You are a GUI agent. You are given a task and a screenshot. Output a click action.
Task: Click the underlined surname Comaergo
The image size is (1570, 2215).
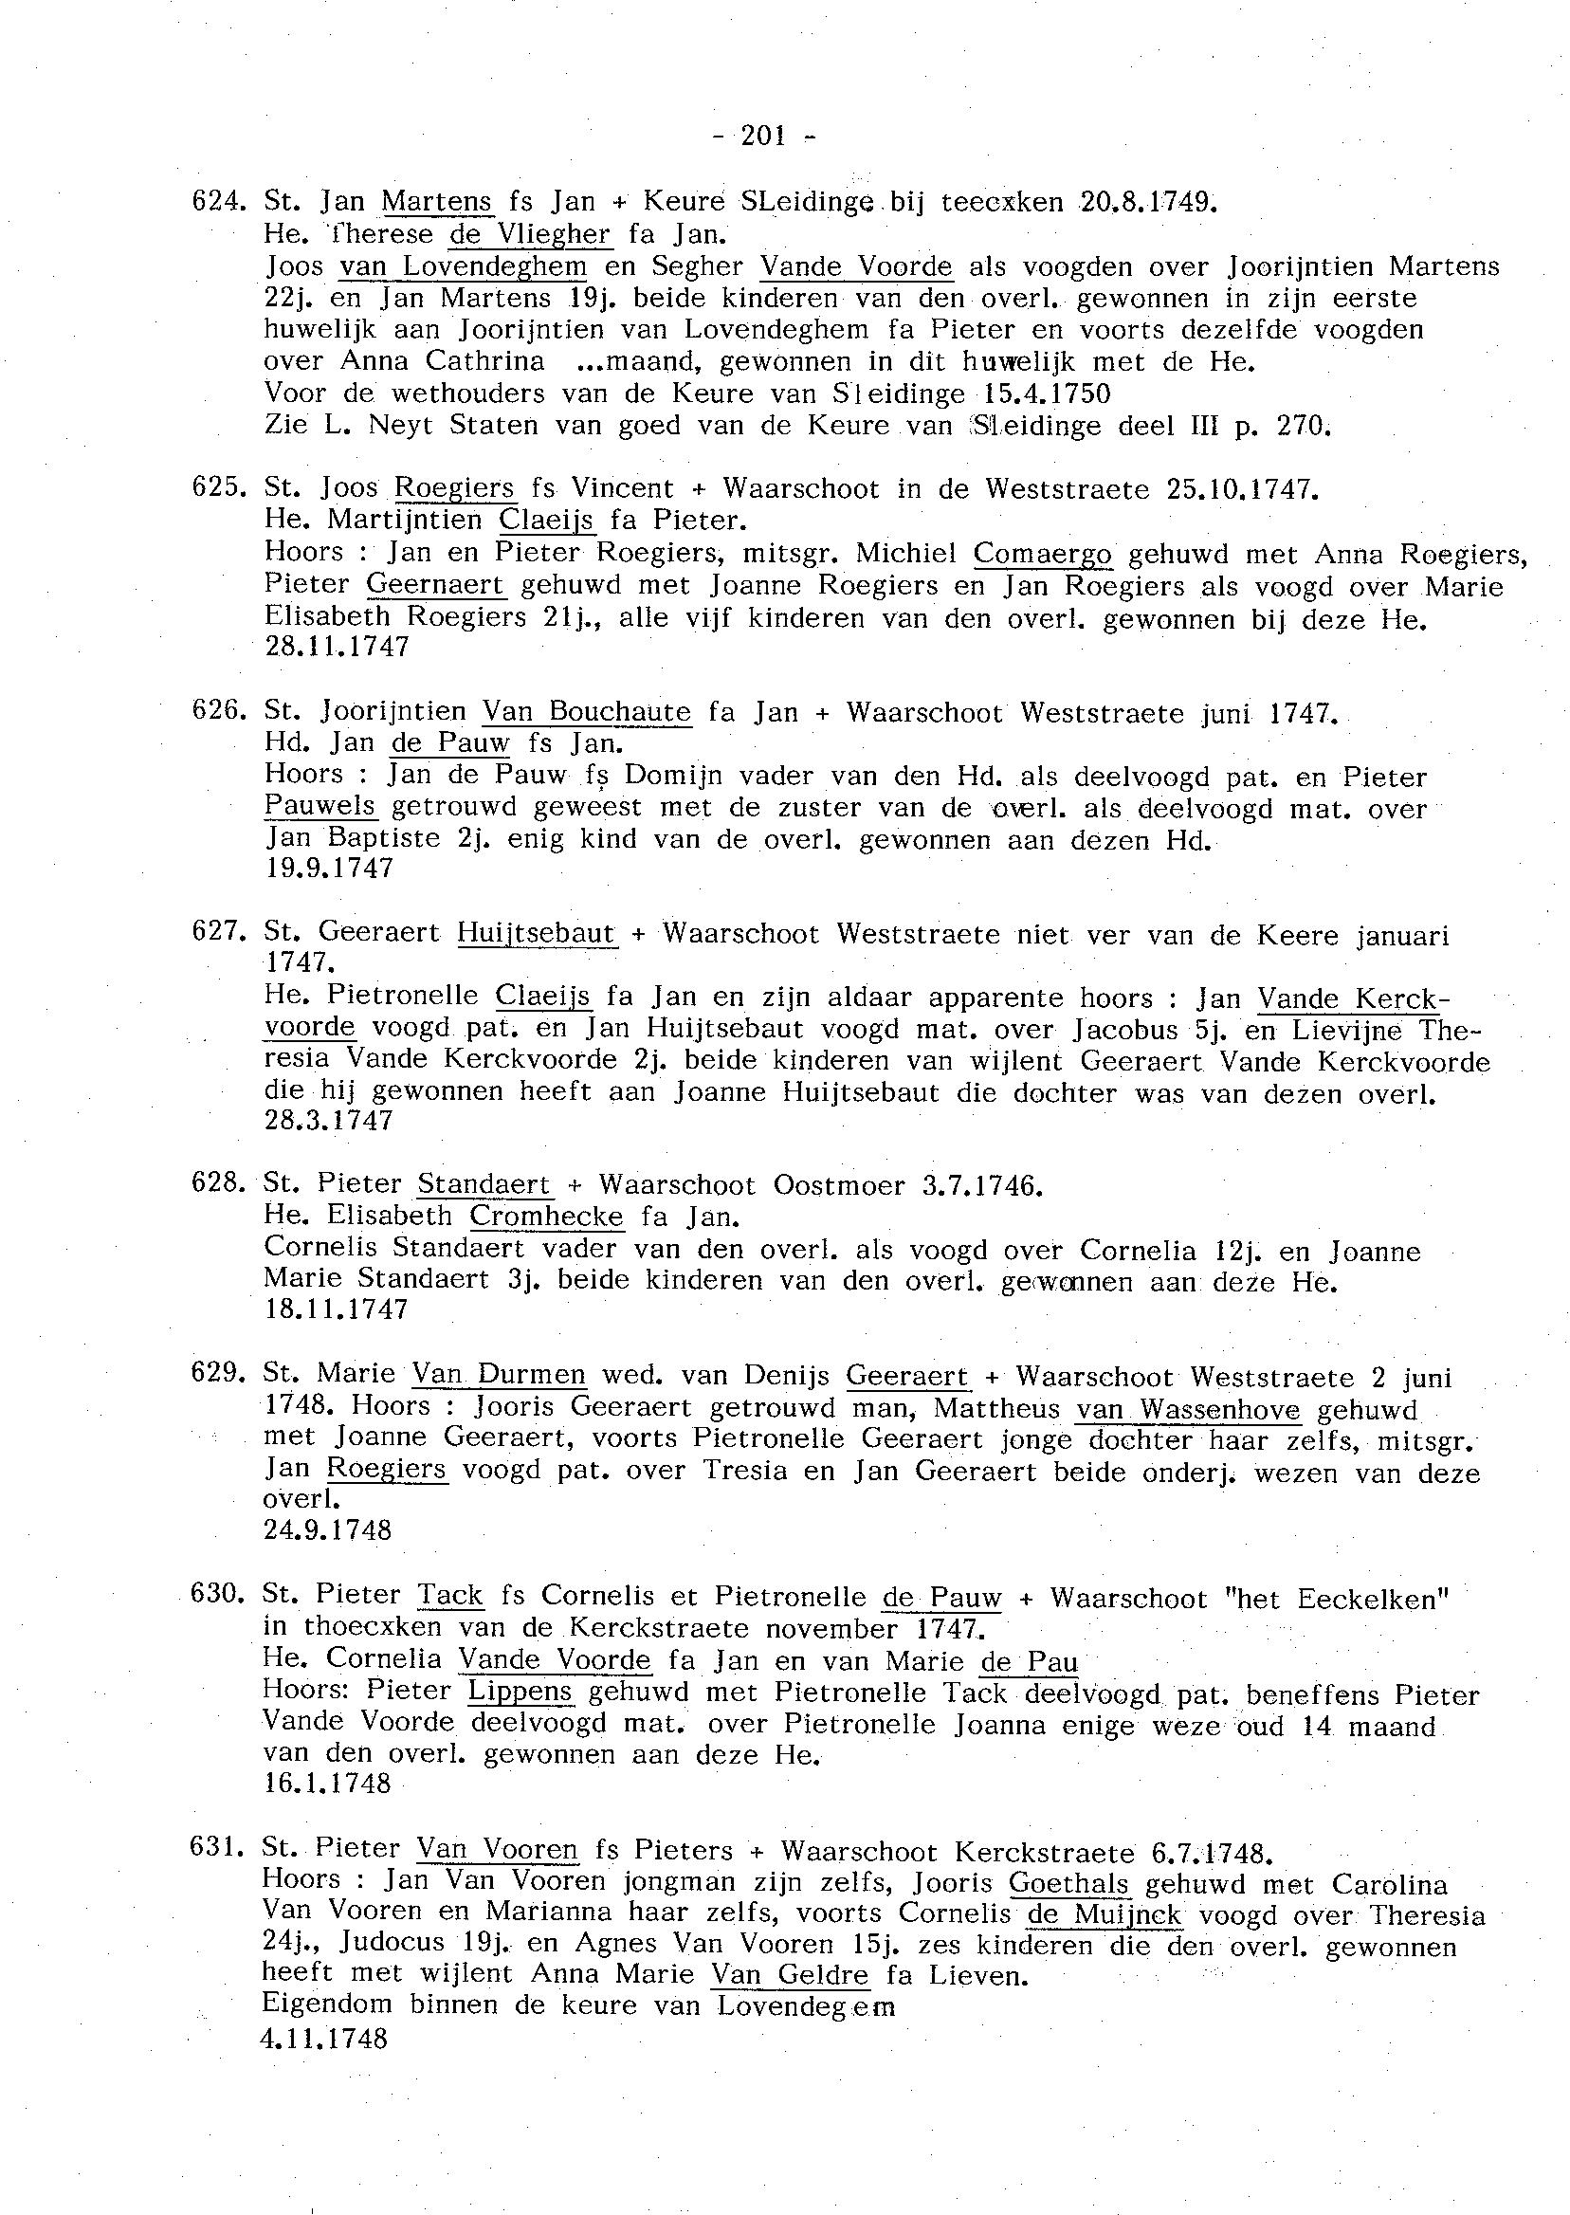click(x=1042, y=553)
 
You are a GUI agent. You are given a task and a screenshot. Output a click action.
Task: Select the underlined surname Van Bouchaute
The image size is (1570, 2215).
click(x=587, y=712)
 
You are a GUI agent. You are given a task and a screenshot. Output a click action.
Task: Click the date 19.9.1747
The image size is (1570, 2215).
click(x=329, y=869)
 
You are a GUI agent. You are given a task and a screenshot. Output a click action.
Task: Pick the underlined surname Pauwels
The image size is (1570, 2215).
click(x=320, y=806)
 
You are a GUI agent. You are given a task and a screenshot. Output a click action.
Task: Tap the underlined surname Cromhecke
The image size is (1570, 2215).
click(x=546, y=1217)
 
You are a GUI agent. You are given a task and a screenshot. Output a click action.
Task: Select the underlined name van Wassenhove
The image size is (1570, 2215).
click(x=1188, y=1411)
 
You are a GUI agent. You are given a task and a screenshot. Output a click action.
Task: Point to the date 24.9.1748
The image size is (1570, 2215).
click(x=328, y=1530)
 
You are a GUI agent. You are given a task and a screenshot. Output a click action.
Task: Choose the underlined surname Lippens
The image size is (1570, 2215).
click(x=520, y=1693)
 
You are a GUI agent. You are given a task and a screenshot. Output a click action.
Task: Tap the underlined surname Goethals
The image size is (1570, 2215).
click(x=1068, y=1884)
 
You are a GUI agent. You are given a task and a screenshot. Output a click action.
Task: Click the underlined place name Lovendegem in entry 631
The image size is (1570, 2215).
click(x=806, y=2007)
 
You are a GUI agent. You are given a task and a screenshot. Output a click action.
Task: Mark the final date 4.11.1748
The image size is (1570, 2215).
click(x=325, y=2039)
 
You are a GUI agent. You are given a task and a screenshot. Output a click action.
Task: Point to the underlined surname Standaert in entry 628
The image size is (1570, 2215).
click(x=484, y=1185)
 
